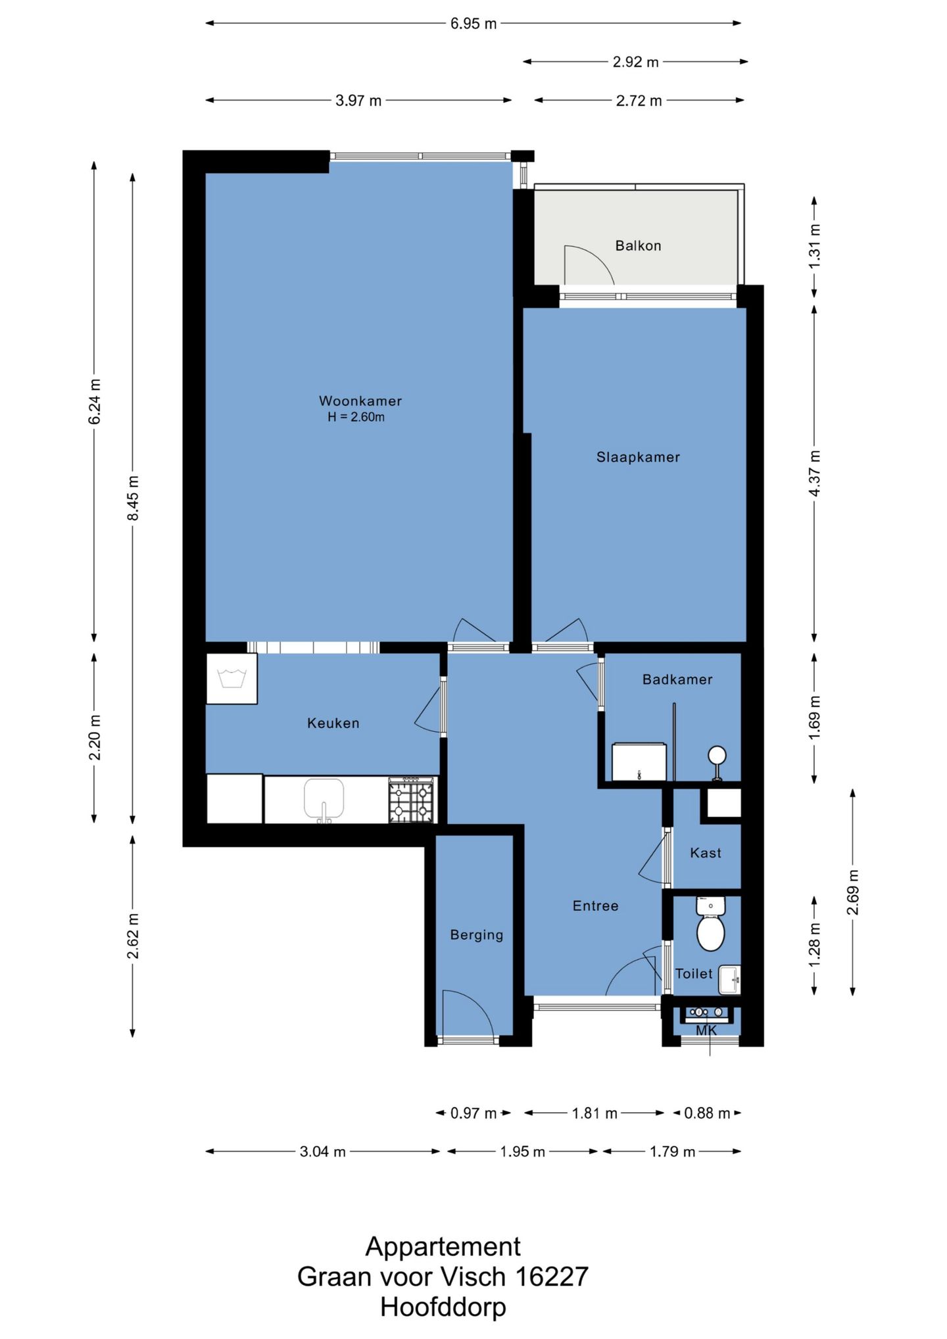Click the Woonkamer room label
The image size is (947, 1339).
[360, 401]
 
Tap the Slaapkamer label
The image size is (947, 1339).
[638, 457]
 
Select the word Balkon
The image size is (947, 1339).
[638, 245]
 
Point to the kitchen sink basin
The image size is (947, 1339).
[324, 798]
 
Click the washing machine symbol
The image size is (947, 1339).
[231, 679]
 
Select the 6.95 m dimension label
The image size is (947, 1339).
[473, 24]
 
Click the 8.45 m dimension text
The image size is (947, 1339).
[133, 498]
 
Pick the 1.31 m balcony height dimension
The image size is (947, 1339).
[814, 246]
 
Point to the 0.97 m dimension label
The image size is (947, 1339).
[473, 1113]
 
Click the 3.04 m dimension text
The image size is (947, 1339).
[323, 1152]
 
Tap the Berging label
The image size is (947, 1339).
[477, 935]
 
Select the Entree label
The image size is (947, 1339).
[596, 906]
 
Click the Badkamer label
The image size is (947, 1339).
[677, 679]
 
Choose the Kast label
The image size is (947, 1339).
[706, 853]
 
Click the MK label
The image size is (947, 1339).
[706, 1031]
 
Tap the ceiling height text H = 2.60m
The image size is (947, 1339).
[356, 417]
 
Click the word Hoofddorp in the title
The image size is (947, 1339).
[443, 1306]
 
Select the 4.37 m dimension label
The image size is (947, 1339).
[814, 474]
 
